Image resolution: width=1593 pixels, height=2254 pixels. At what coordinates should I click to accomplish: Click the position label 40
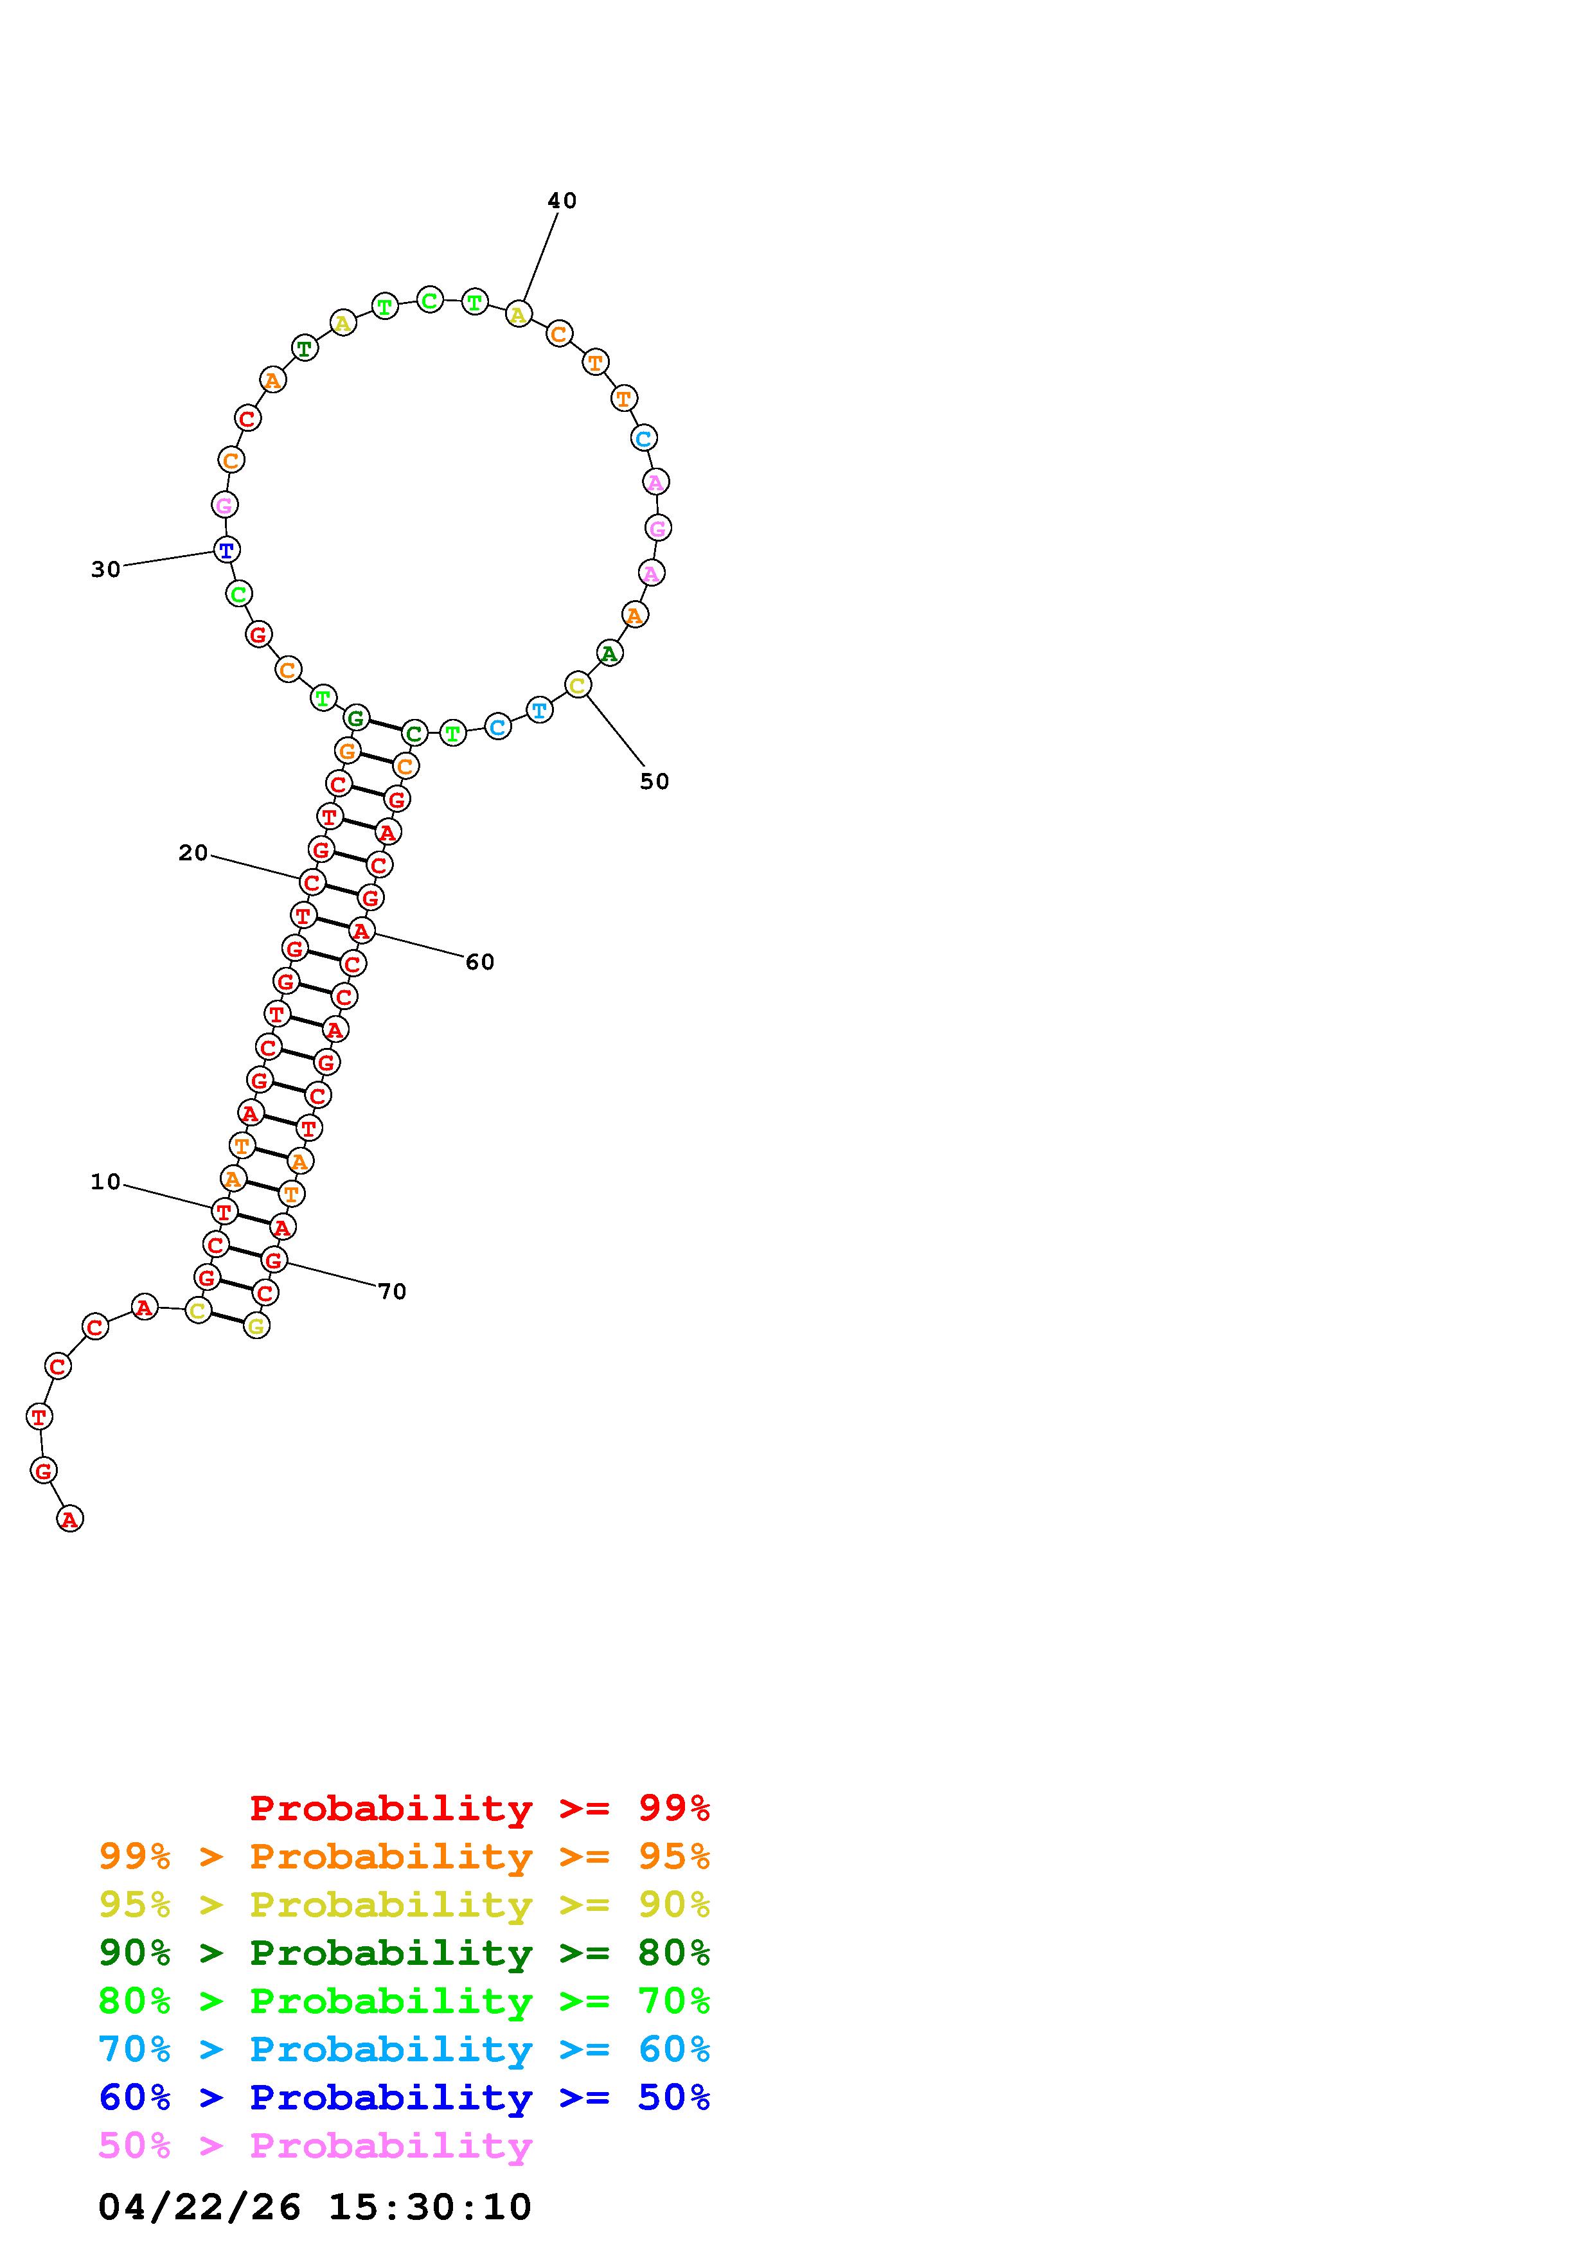562,200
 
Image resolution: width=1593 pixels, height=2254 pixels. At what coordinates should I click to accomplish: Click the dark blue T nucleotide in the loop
227,550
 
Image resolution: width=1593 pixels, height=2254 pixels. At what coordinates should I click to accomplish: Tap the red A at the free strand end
69,1519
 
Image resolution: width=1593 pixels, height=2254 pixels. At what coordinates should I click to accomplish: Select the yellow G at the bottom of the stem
256,1326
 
